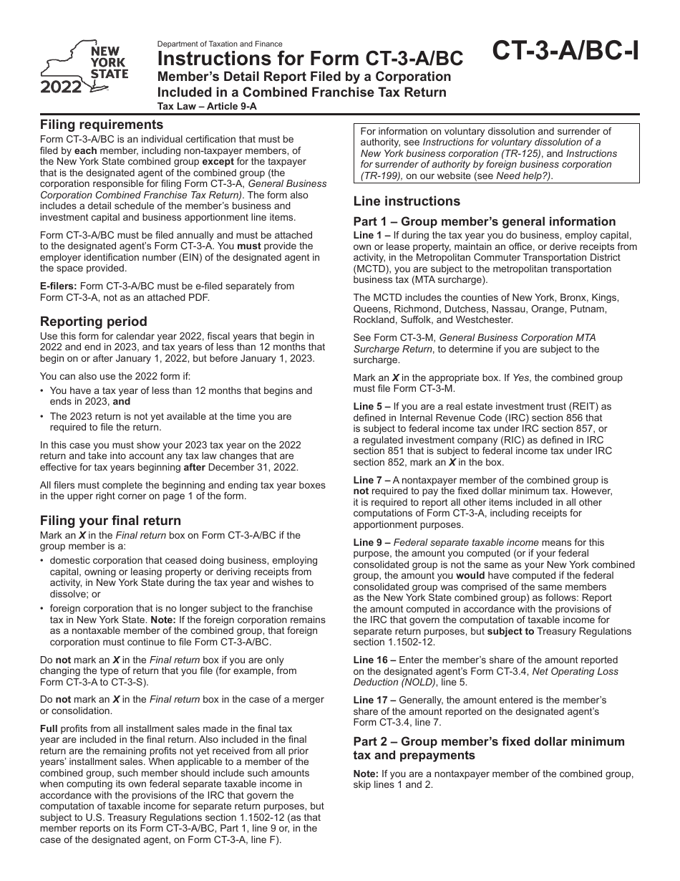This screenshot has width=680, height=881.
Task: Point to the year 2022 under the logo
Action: (x=61, y=89)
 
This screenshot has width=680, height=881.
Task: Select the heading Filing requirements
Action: (x=102, y=124)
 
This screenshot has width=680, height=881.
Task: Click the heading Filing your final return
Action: (x=110, y=520)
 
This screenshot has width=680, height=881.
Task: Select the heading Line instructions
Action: (x=407, y=201)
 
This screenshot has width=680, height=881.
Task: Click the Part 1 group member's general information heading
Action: (x=485, y=221)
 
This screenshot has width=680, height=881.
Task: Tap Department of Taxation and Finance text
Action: (x=220, y=44)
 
